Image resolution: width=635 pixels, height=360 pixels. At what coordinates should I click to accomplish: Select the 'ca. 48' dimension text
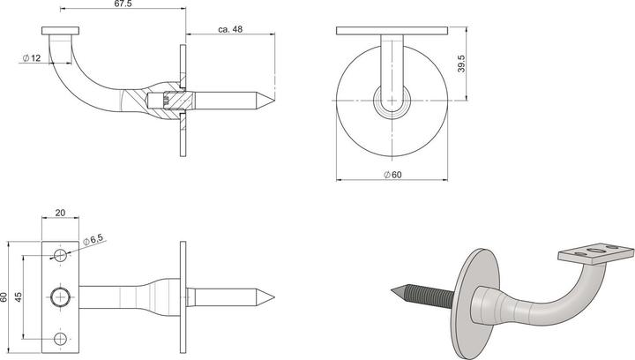tap(231, 30)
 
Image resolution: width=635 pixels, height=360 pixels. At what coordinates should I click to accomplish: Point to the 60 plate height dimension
tap(6, 296)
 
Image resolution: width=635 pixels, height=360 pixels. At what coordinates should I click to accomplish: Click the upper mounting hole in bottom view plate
tap(60, 255)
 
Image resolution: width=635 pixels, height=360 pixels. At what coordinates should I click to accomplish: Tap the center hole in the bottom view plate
tap(60, 296)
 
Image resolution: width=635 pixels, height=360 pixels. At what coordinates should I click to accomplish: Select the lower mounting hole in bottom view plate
tap(60, 338)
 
